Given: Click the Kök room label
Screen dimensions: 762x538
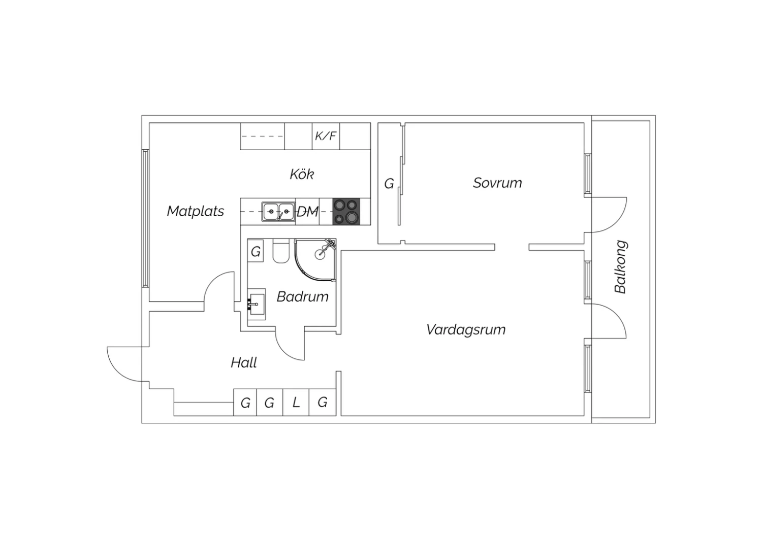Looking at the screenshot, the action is coord(302,174).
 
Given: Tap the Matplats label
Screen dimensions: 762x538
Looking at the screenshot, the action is coord(195,211).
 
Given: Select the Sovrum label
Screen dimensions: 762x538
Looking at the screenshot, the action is coord(497,183).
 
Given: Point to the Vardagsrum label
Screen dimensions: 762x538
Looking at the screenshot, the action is coord(466,330).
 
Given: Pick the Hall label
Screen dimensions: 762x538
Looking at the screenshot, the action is coord(243,362).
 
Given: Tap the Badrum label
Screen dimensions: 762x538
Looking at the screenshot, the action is coord(302,297).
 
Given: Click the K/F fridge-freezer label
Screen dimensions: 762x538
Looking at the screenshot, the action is coord(326,136).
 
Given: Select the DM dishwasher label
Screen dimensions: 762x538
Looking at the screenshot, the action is coord(307,212).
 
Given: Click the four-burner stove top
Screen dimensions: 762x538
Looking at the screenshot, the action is coord(346,212).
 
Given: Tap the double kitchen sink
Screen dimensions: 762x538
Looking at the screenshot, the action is coord(278,212).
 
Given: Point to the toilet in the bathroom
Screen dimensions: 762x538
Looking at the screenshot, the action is coord(280,251).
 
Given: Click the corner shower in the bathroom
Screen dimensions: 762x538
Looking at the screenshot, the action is coord(315,260).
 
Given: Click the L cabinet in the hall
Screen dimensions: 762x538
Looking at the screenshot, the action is coord(296,402).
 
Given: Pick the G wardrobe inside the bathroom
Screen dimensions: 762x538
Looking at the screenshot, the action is coord(256,251).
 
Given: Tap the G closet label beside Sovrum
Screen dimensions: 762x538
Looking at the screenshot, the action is coord(389,184).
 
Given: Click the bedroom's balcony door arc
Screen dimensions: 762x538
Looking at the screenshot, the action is coord(616,222).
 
